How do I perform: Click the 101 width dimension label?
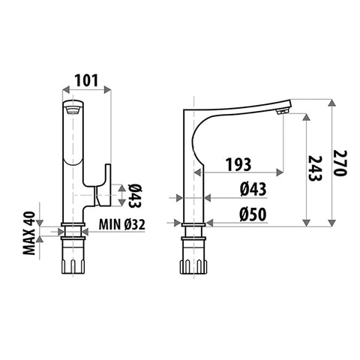[87, 80]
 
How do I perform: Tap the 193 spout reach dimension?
[238, 164]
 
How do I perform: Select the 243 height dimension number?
[315, 168]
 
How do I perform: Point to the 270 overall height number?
[340, 163]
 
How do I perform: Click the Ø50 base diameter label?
[253, 214]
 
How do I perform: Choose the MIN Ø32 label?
[121, 224]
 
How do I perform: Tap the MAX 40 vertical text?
[29, 233]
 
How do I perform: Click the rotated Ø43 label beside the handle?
[135, 196]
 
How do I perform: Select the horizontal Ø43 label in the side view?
[253, 189]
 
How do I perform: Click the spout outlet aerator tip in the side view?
[283, 112]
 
